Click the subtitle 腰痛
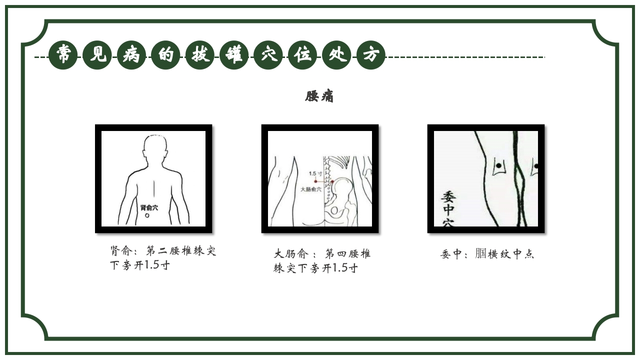(x=319, y=96)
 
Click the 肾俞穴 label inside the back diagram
(x=149, y=207)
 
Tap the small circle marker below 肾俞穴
(x=147, y=215)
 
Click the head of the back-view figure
(x=154, y=147)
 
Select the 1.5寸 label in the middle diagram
(x=315, y=173)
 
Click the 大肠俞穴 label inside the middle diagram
(x=311, y=189)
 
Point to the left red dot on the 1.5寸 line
(x=315, y=181)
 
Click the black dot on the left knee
(x=498, y=165)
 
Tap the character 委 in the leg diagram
(x=448, y=196)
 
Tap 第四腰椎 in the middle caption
(x=347, y=254)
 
